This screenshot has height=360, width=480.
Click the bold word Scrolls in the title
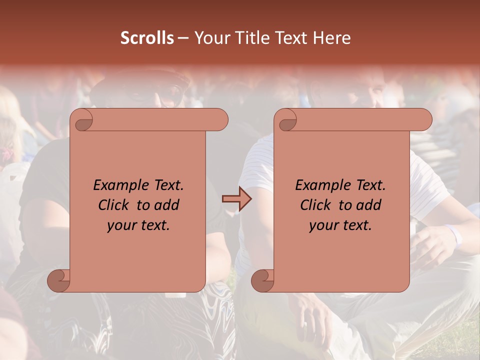tap(147, 38)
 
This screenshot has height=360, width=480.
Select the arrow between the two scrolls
tap(236, 199)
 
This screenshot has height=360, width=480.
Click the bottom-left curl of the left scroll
tap(59, 280)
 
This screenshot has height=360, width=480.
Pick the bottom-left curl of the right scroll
tap(263, 280)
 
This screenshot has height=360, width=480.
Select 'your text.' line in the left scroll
tap(138, 225)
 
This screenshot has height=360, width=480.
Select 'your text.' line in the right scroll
tap(340, 225)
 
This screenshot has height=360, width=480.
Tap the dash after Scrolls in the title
tap(183, 38)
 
